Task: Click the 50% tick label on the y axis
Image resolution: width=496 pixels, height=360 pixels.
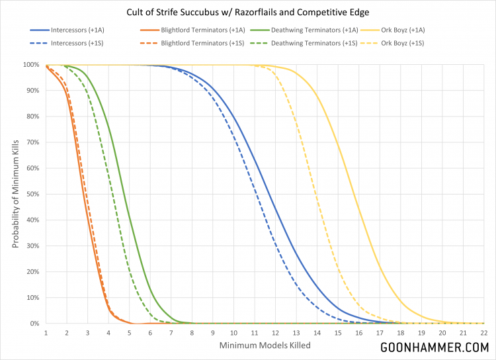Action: [32, 195]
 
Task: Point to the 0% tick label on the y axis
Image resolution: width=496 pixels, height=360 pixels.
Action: [34, 324]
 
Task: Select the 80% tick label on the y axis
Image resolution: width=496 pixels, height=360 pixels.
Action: [32, 116]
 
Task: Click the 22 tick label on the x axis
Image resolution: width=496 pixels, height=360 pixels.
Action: [483, 333]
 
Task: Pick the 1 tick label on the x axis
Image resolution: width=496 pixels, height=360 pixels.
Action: [46, 333]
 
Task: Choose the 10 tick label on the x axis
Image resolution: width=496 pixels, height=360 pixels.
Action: [233, 333]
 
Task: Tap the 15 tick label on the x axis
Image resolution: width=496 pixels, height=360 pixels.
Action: [338, 333]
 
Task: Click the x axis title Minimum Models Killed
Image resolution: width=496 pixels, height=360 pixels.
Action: [265, 346]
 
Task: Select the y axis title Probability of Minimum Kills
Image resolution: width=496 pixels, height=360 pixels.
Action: [15, 194]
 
